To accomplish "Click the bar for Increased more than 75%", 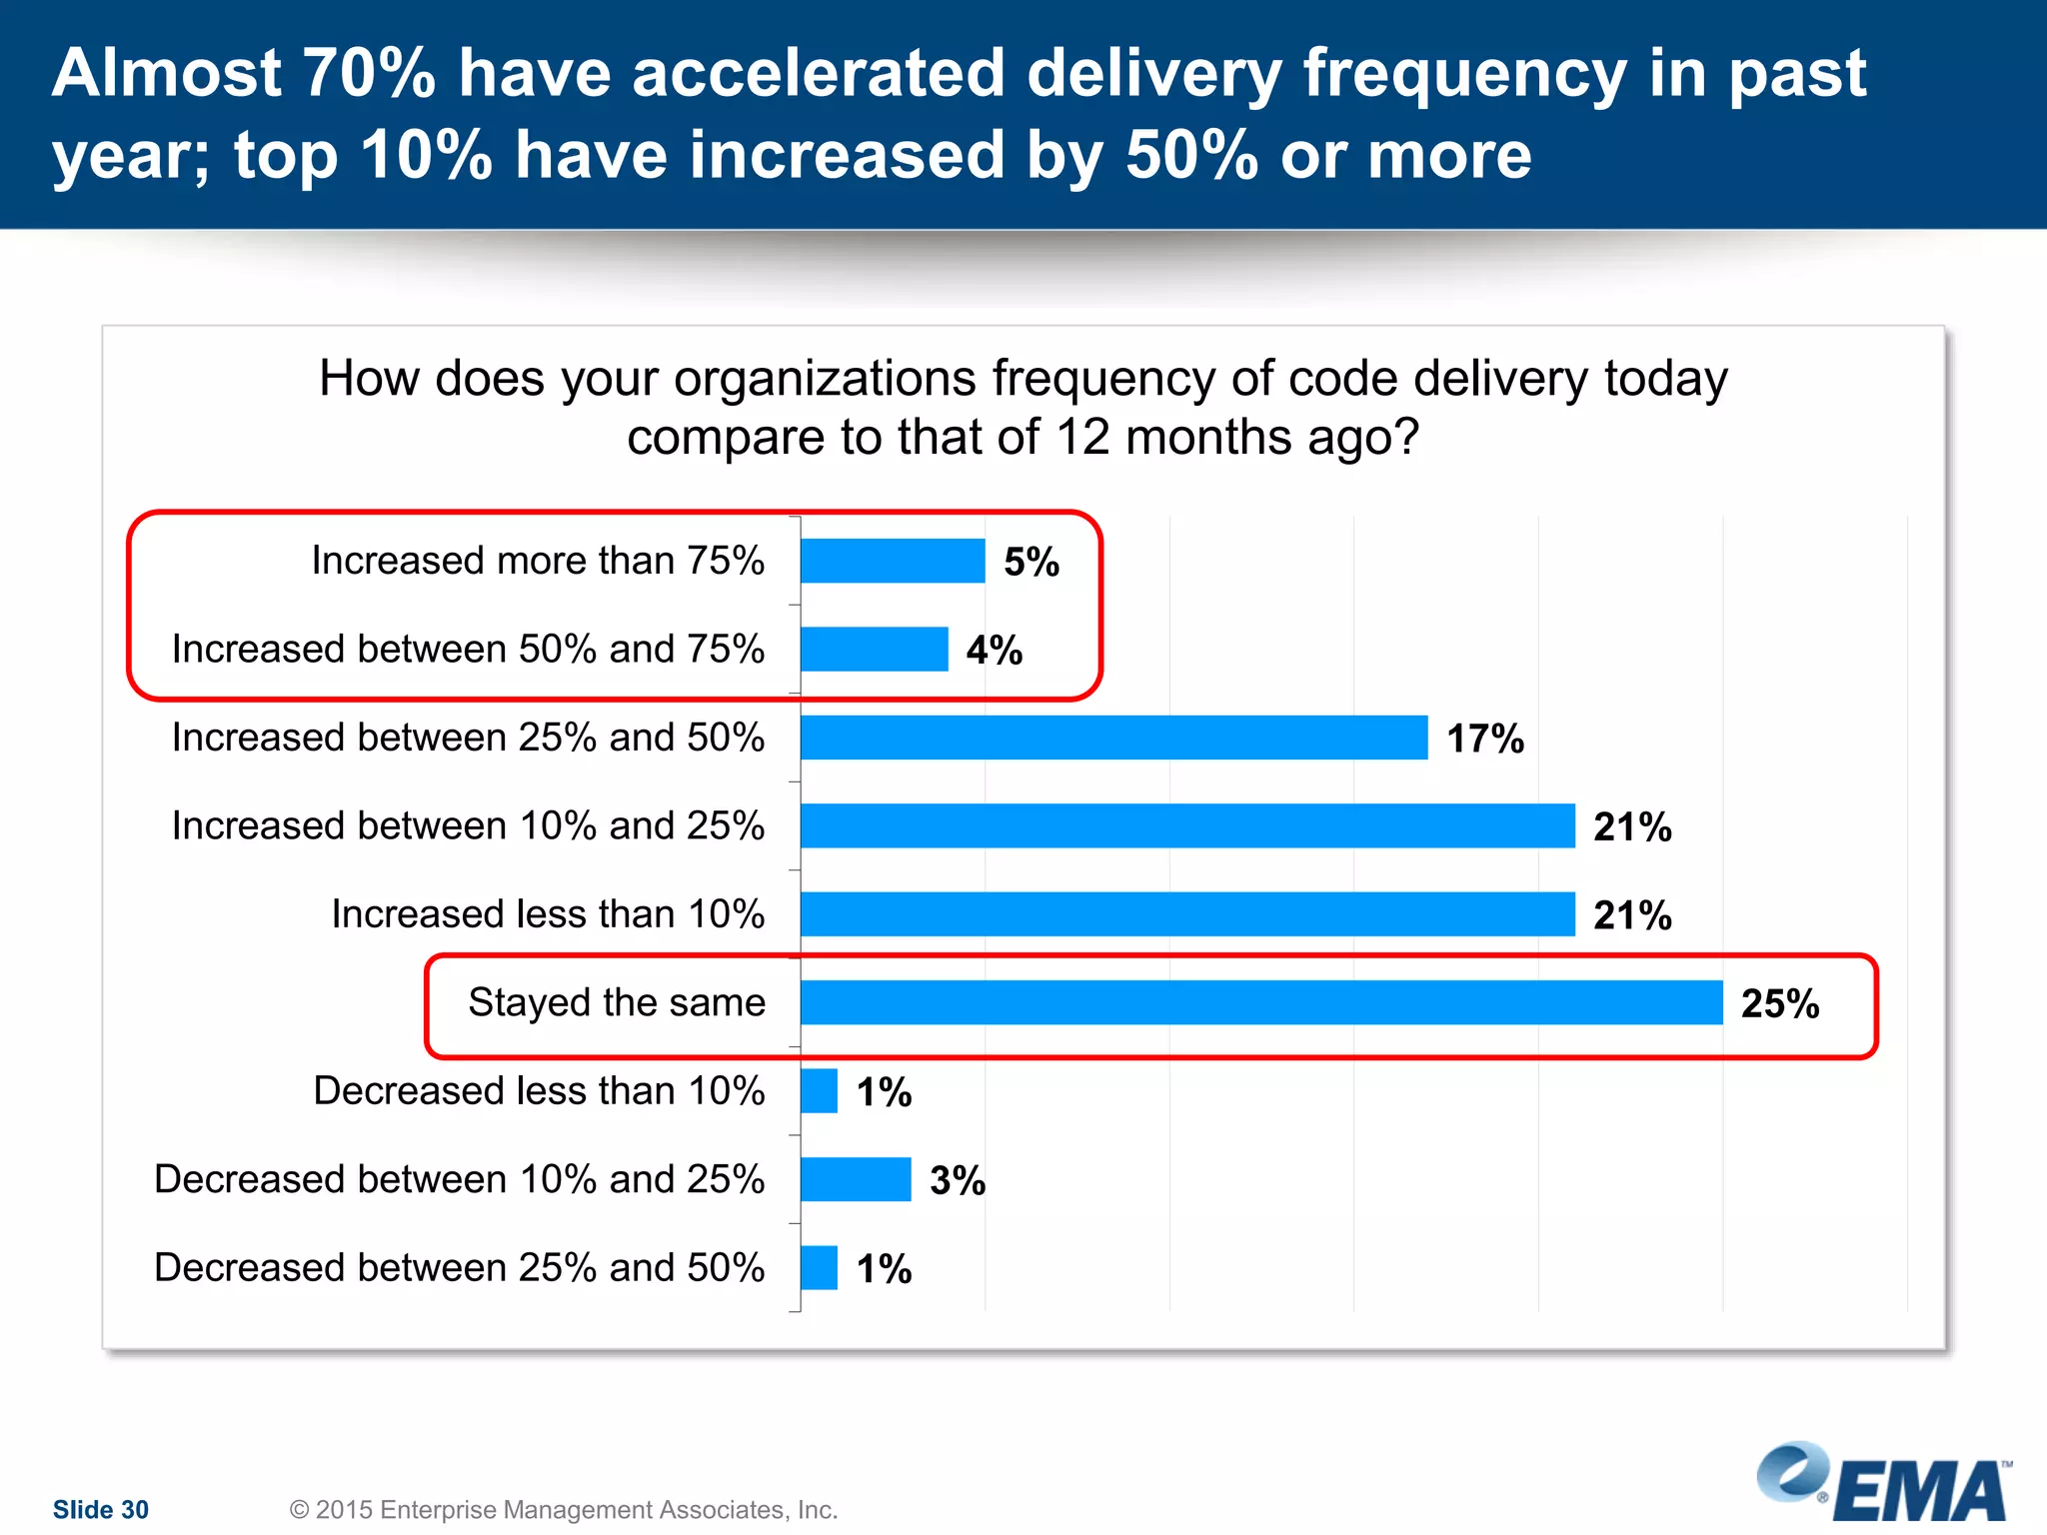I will [893, 561].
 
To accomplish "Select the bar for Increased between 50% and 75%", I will [874, 650].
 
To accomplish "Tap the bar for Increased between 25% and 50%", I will [1113, 738].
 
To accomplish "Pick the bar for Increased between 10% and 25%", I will [1187, 825].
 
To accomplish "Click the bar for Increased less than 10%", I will [1187, 914].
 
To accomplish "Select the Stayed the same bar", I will [1261, 1002].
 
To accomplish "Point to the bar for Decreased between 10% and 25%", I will [856, 1179].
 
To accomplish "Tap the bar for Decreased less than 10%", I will [819, 1091].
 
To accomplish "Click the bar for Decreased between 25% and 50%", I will [819, 1268].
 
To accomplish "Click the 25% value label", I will [1780, 1003].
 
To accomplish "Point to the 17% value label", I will [1485, 739].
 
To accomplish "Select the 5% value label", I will [1031, 562].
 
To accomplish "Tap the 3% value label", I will [958, 1180].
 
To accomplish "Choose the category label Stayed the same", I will [617, 1002].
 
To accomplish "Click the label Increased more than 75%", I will [538, 561].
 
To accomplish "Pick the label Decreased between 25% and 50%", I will [460, 1267].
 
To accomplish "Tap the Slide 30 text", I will [101, 1509].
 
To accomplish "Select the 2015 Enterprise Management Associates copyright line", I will [564, 1509].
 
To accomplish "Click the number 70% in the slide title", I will [369, 73].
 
